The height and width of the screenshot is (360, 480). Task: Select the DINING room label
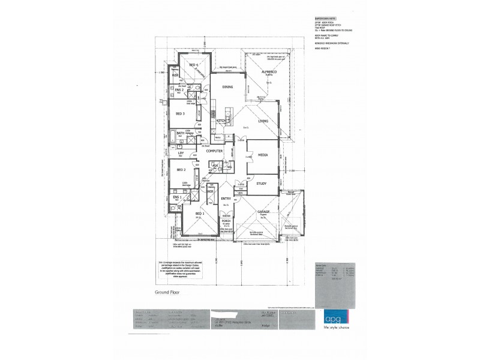point(227,88)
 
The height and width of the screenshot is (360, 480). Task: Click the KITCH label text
point(220,121)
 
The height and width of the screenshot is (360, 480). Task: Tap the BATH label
point(180,133)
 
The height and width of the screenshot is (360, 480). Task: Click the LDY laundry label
point(180,154)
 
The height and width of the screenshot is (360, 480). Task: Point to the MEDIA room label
point(262,154)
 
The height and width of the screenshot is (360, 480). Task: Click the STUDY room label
point(262,184)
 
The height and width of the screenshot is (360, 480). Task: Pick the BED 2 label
point(180,170)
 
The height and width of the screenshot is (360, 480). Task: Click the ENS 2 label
point(179,90)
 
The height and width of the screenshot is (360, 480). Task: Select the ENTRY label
point(226,199)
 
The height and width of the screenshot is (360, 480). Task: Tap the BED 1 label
point(200,214)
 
